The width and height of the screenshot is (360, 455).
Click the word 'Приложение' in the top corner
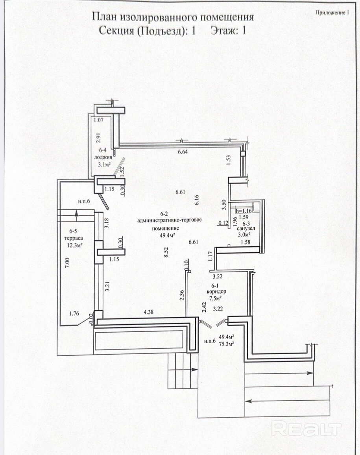[x=330, y=13]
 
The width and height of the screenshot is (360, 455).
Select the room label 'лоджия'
[x=103, y=157]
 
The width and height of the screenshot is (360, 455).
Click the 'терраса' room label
[x=74, y=238]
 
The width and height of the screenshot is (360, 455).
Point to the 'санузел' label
[x=246, y=229]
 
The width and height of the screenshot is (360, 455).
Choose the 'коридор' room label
[x=216, y=292]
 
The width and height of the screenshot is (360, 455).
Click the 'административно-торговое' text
[x=170, y=220]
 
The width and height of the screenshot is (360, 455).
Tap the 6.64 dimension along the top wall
[x=183, y=152]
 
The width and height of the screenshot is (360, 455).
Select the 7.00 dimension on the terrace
[x=67, y=263]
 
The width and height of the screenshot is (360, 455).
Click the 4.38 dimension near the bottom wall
[x=149, y=312]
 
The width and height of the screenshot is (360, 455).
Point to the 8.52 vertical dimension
[x=166, y=252]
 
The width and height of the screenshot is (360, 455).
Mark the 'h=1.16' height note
[x=244, y=211]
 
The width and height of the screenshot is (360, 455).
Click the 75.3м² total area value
[x=227, y=344]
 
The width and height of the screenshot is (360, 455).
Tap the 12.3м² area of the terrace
[x=75, y=245]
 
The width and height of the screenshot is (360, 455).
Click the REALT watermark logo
[x=306, y=429]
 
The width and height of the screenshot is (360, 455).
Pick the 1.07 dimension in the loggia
[x=99, y=120]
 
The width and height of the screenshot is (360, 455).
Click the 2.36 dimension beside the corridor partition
[x=182, y=295]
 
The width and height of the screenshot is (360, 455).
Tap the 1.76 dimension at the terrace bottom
[x=74, y=313]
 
